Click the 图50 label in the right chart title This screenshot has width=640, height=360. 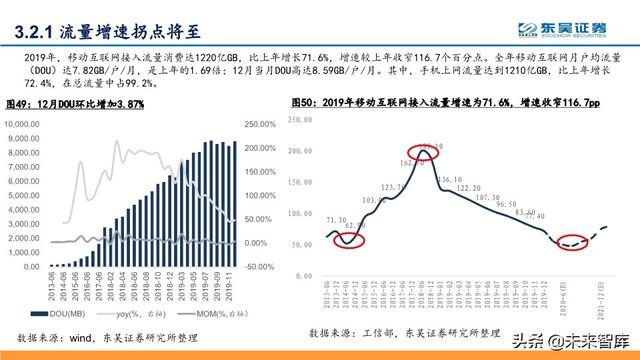tap(304, 103)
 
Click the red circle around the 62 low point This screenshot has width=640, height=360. tap(349, 238)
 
